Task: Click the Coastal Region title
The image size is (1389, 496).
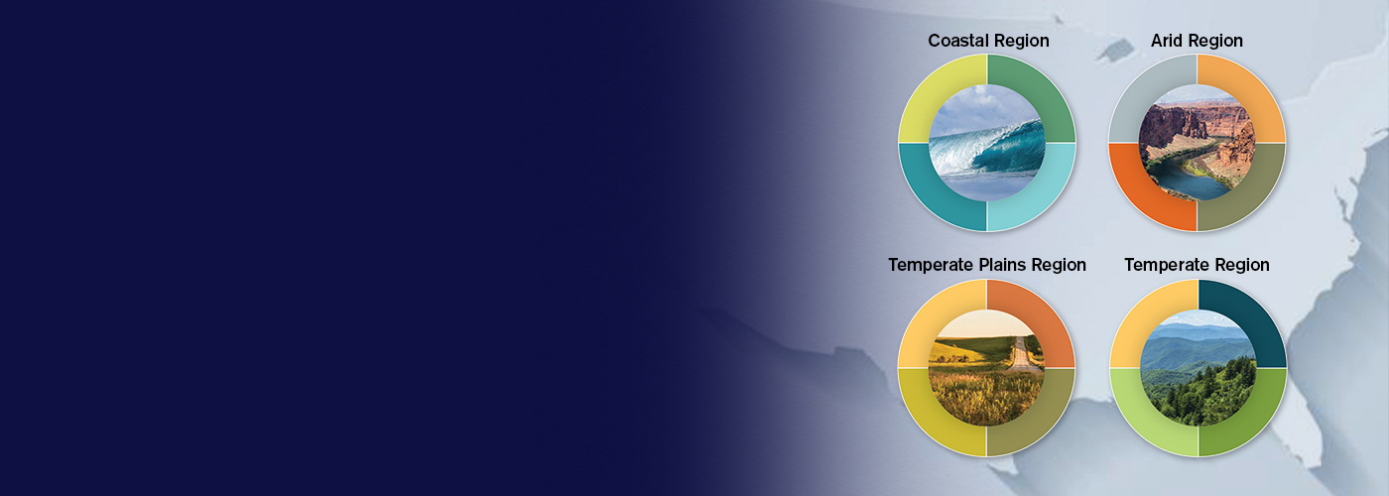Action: coord(988,41)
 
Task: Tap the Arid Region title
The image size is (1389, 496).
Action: coord(1197,41)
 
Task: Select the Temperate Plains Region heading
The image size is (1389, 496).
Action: coord(987,265)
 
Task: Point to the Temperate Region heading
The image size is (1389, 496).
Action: coord(1197,265)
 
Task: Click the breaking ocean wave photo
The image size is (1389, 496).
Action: coord(987,143)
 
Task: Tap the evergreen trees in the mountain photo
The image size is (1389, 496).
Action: coord(1209,391)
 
